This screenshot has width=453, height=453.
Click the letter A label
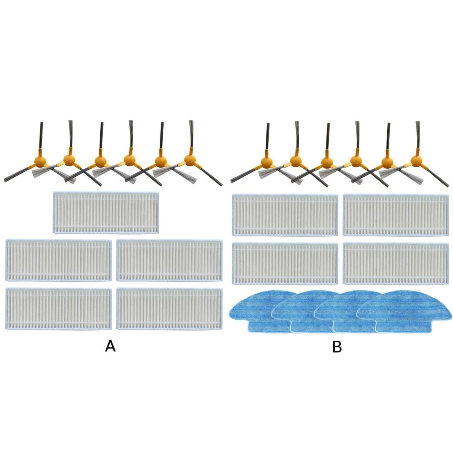(110, 347)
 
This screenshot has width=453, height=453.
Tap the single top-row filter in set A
(106, 212)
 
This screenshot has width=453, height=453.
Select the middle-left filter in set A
(59, 260)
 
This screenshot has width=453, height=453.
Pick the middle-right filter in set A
(169, 260)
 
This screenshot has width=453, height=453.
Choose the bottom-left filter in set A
(59, 309)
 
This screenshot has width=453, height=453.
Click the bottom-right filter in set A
(169, 309)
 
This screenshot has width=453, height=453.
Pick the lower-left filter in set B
(285, 263)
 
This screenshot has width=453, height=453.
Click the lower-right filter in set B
(396, 263)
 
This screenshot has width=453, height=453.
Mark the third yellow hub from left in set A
(100, 161)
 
